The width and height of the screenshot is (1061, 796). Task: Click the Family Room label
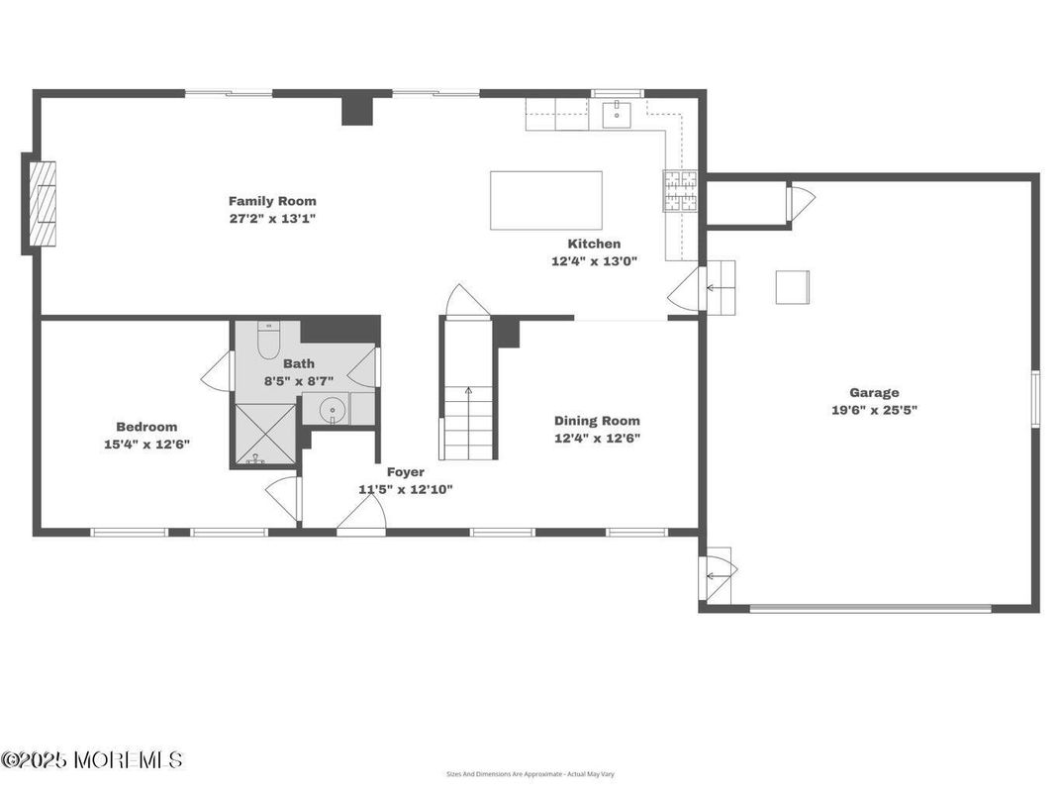pyautogui.click(x=272, y=201)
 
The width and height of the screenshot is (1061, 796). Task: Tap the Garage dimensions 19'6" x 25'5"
pyautogui.click(x=874, y=409)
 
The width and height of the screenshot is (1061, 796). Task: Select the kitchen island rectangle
pyautogui.click(x=546, y=200)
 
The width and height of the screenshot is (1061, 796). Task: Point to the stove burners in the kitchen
pyautogui.click(x=680, y=192)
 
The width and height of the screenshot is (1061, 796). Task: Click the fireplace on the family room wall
pyautogui.click(x=42, y=204)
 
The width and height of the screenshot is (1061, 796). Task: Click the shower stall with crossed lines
pyautogui.click(x=264, y=434)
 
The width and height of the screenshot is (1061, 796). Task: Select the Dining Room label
pyautogui.click(x=597, y=421)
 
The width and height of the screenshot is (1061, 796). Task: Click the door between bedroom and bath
pyautogui.click(x=218, y=371)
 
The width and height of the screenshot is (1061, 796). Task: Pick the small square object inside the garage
pyautogui.click(x=792, y=287)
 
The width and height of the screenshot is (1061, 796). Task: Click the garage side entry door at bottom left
pyautogui.click(x=718, y=575)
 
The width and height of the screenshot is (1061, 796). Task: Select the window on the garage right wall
pyautogui.click(x=1035, y=398)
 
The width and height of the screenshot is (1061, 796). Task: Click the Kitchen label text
pyautogui.click(x=594, y=244)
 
